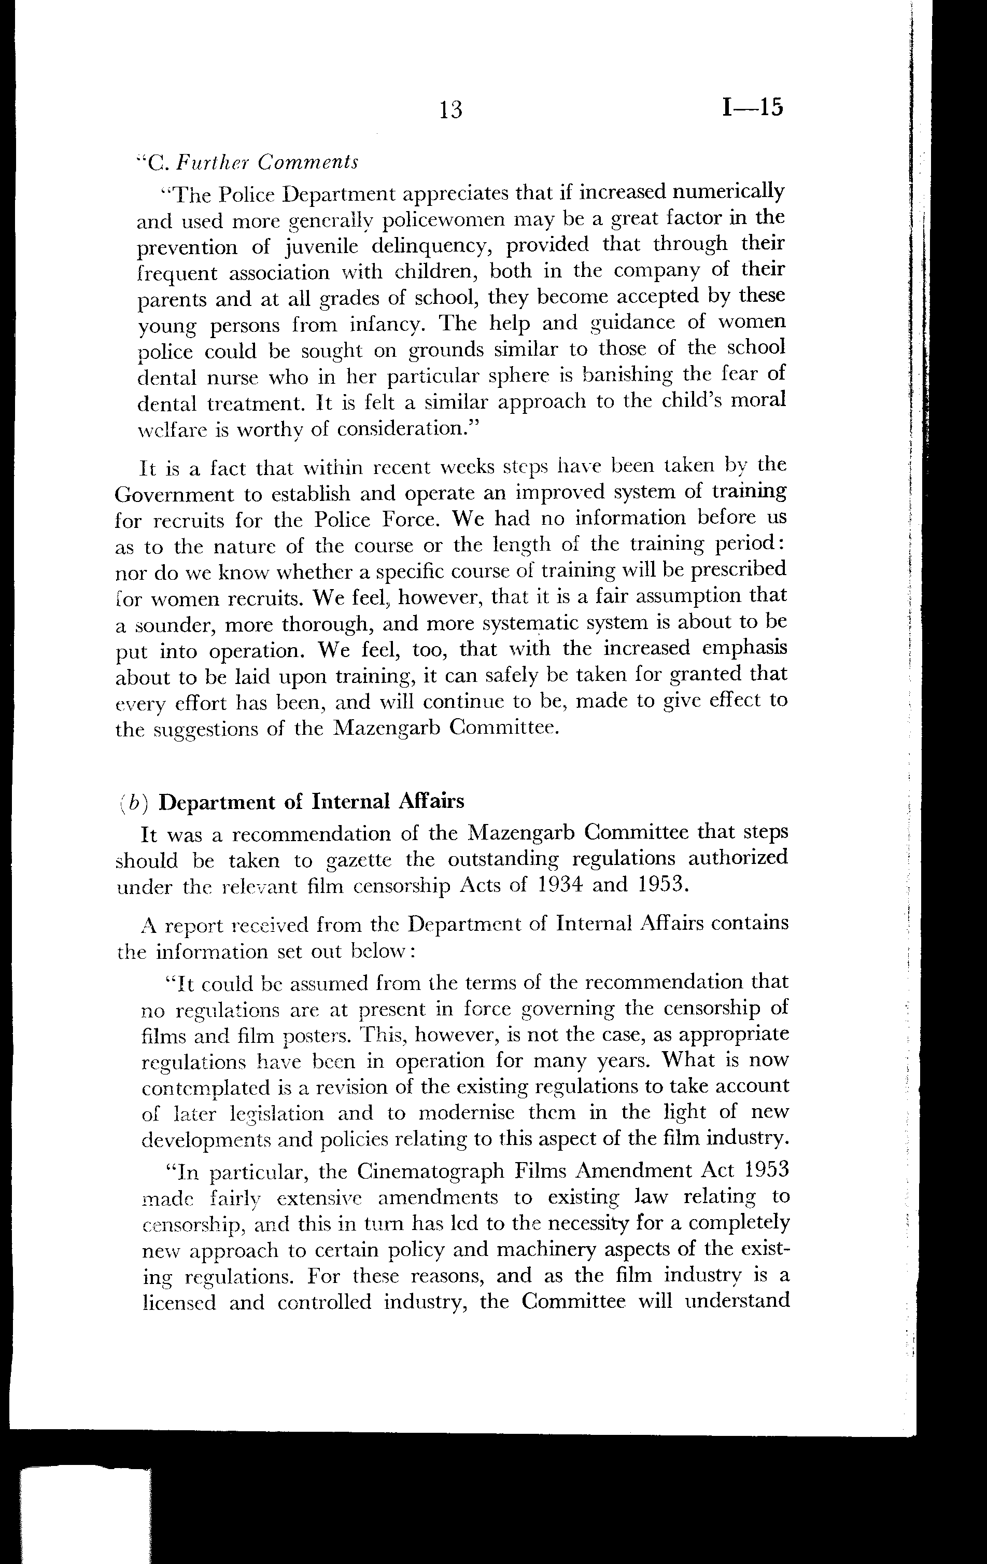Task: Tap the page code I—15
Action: pyautogui.click(x=752, y=107)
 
